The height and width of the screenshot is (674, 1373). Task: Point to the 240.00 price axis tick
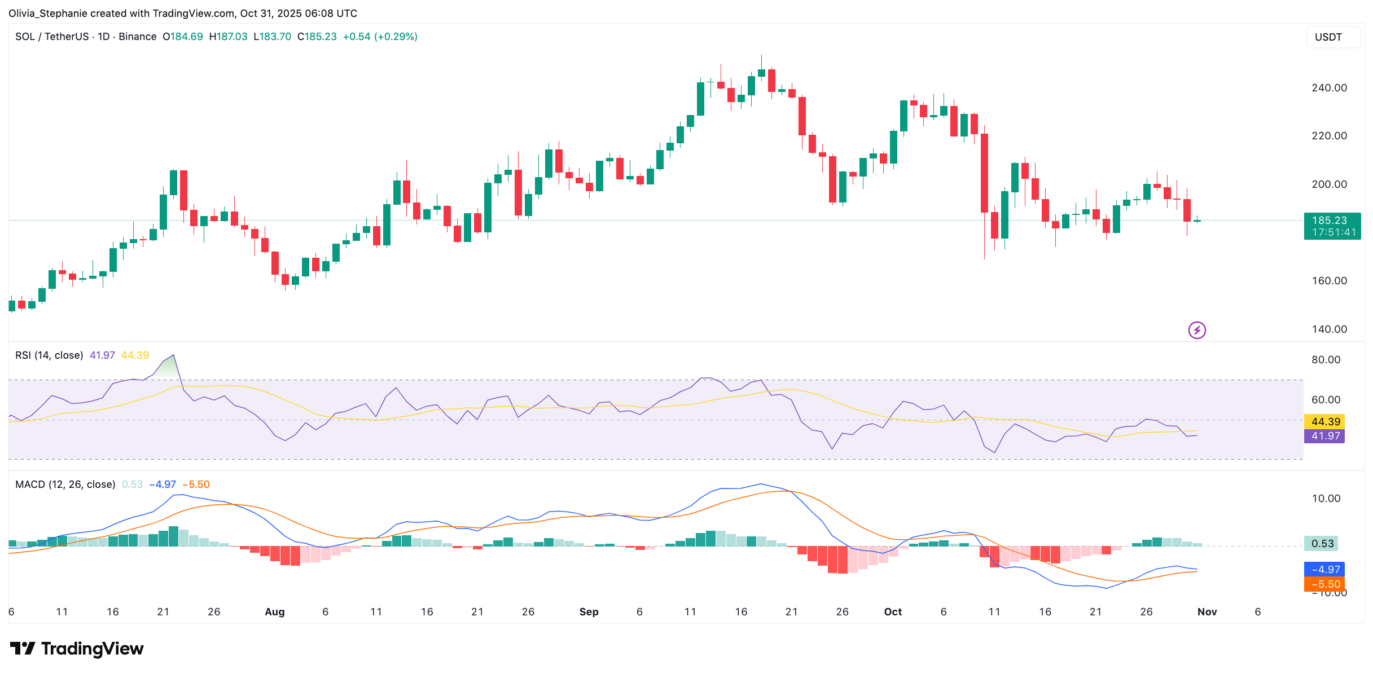1329,88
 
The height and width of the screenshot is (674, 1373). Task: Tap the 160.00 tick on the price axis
1329,281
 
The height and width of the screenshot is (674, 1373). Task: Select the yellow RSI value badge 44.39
1324,422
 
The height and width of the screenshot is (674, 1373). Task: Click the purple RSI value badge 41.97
1324,436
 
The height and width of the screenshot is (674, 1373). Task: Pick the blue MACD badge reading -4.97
1324,570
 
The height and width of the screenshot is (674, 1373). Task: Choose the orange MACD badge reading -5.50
1324,584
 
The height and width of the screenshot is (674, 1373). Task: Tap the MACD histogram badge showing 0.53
1322,544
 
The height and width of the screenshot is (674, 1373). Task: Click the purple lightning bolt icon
1196,330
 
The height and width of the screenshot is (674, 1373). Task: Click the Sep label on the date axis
589,612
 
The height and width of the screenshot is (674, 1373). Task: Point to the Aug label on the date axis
275,612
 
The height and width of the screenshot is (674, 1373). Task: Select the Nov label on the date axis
1207,612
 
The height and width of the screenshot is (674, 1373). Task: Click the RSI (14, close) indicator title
49,355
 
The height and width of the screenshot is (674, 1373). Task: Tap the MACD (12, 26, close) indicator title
65,484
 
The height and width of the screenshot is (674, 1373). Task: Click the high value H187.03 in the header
228,37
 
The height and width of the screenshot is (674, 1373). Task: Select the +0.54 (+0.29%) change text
380,37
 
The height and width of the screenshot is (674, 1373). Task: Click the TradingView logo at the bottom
77,649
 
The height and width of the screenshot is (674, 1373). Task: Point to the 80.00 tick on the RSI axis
1326,360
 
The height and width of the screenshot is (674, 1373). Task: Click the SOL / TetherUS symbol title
52,37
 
